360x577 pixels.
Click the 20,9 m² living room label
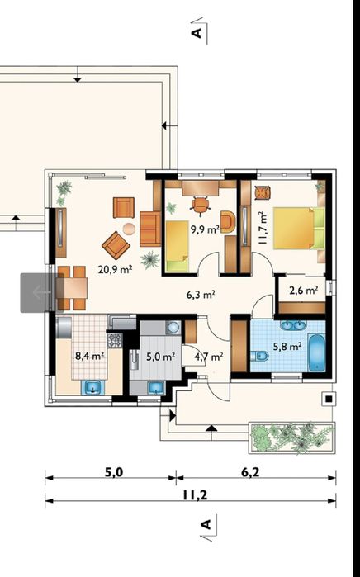(116, 269)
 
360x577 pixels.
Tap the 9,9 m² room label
(205, 229)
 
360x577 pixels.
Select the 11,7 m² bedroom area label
(262, 228)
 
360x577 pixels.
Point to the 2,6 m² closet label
(303, 291)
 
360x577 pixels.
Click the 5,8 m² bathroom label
(287, 346)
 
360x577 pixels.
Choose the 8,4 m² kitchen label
(90, 356)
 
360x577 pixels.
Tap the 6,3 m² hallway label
(201, 295)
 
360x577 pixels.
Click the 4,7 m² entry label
(209, 357)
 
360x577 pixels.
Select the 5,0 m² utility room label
(160, 357)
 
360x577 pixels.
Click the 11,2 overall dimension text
(195, 495)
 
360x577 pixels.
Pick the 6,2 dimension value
(250, 472)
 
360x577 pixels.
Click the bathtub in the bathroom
(316, 352)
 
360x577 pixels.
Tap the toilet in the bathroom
(259, 357)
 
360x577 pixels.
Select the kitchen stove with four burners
(115, 340)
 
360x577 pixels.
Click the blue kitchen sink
(92, 387)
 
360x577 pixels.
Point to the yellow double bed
(299, 228)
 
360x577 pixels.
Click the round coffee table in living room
(129, 229)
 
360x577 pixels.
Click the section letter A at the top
(197, 33)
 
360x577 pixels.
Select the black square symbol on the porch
(329, 399)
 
